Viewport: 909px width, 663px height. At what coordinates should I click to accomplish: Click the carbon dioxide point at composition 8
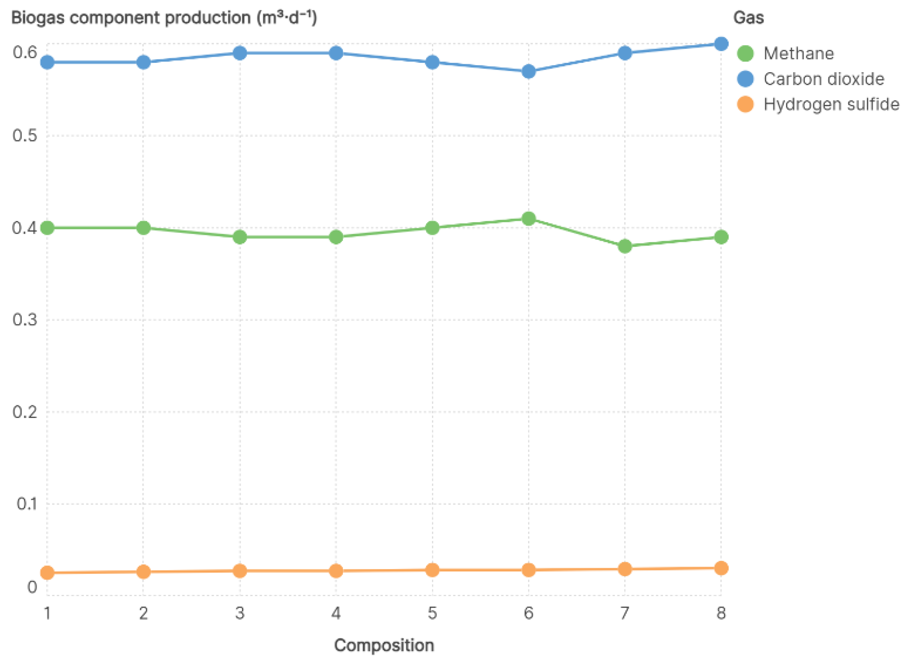tap(721, 44)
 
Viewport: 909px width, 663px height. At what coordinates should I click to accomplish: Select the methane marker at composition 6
tap(529, 219)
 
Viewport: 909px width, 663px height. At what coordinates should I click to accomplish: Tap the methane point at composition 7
tap(625, 246)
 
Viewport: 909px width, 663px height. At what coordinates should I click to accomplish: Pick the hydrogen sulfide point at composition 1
tap(47, 573)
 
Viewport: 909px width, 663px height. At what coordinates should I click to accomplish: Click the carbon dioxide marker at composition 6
tap(529, 71)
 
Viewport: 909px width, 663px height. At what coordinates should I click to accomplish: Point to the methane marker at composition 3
tap(240, 237)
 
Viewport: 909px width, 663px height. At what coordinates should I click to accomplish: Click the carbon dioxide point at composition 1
tap(47, 62)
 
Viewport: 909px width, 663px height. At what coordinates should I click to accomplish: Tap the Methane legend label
tap(799, 54)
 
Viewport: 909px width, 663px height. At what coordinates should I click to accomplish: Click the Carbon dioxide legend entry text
tap(824, 79)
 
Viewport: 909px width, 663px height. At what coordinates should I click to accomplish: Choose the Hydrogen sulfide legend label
tap(831, 104)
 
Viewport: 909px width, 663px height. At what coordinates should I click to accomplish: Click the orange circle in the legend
tap(745, 104)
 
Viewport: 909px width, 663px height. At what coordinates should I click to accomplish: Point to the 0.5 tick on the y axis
tap(25, 136)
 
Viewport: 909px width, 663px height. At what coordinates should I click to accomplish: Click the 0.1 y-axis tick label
tap(27, 504)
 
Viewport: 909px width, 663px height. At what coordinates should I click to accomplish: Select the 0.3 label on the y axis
tap(25, 320)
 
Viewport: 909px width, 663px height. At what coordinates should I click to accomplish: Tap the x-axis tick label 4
tap(336, 613)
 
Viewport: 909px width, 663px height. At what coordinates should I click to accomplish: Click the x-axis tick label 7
tap(625, 613)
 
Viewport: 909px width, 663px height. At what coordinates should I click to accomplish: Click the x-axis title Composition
tap(384, 645)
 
